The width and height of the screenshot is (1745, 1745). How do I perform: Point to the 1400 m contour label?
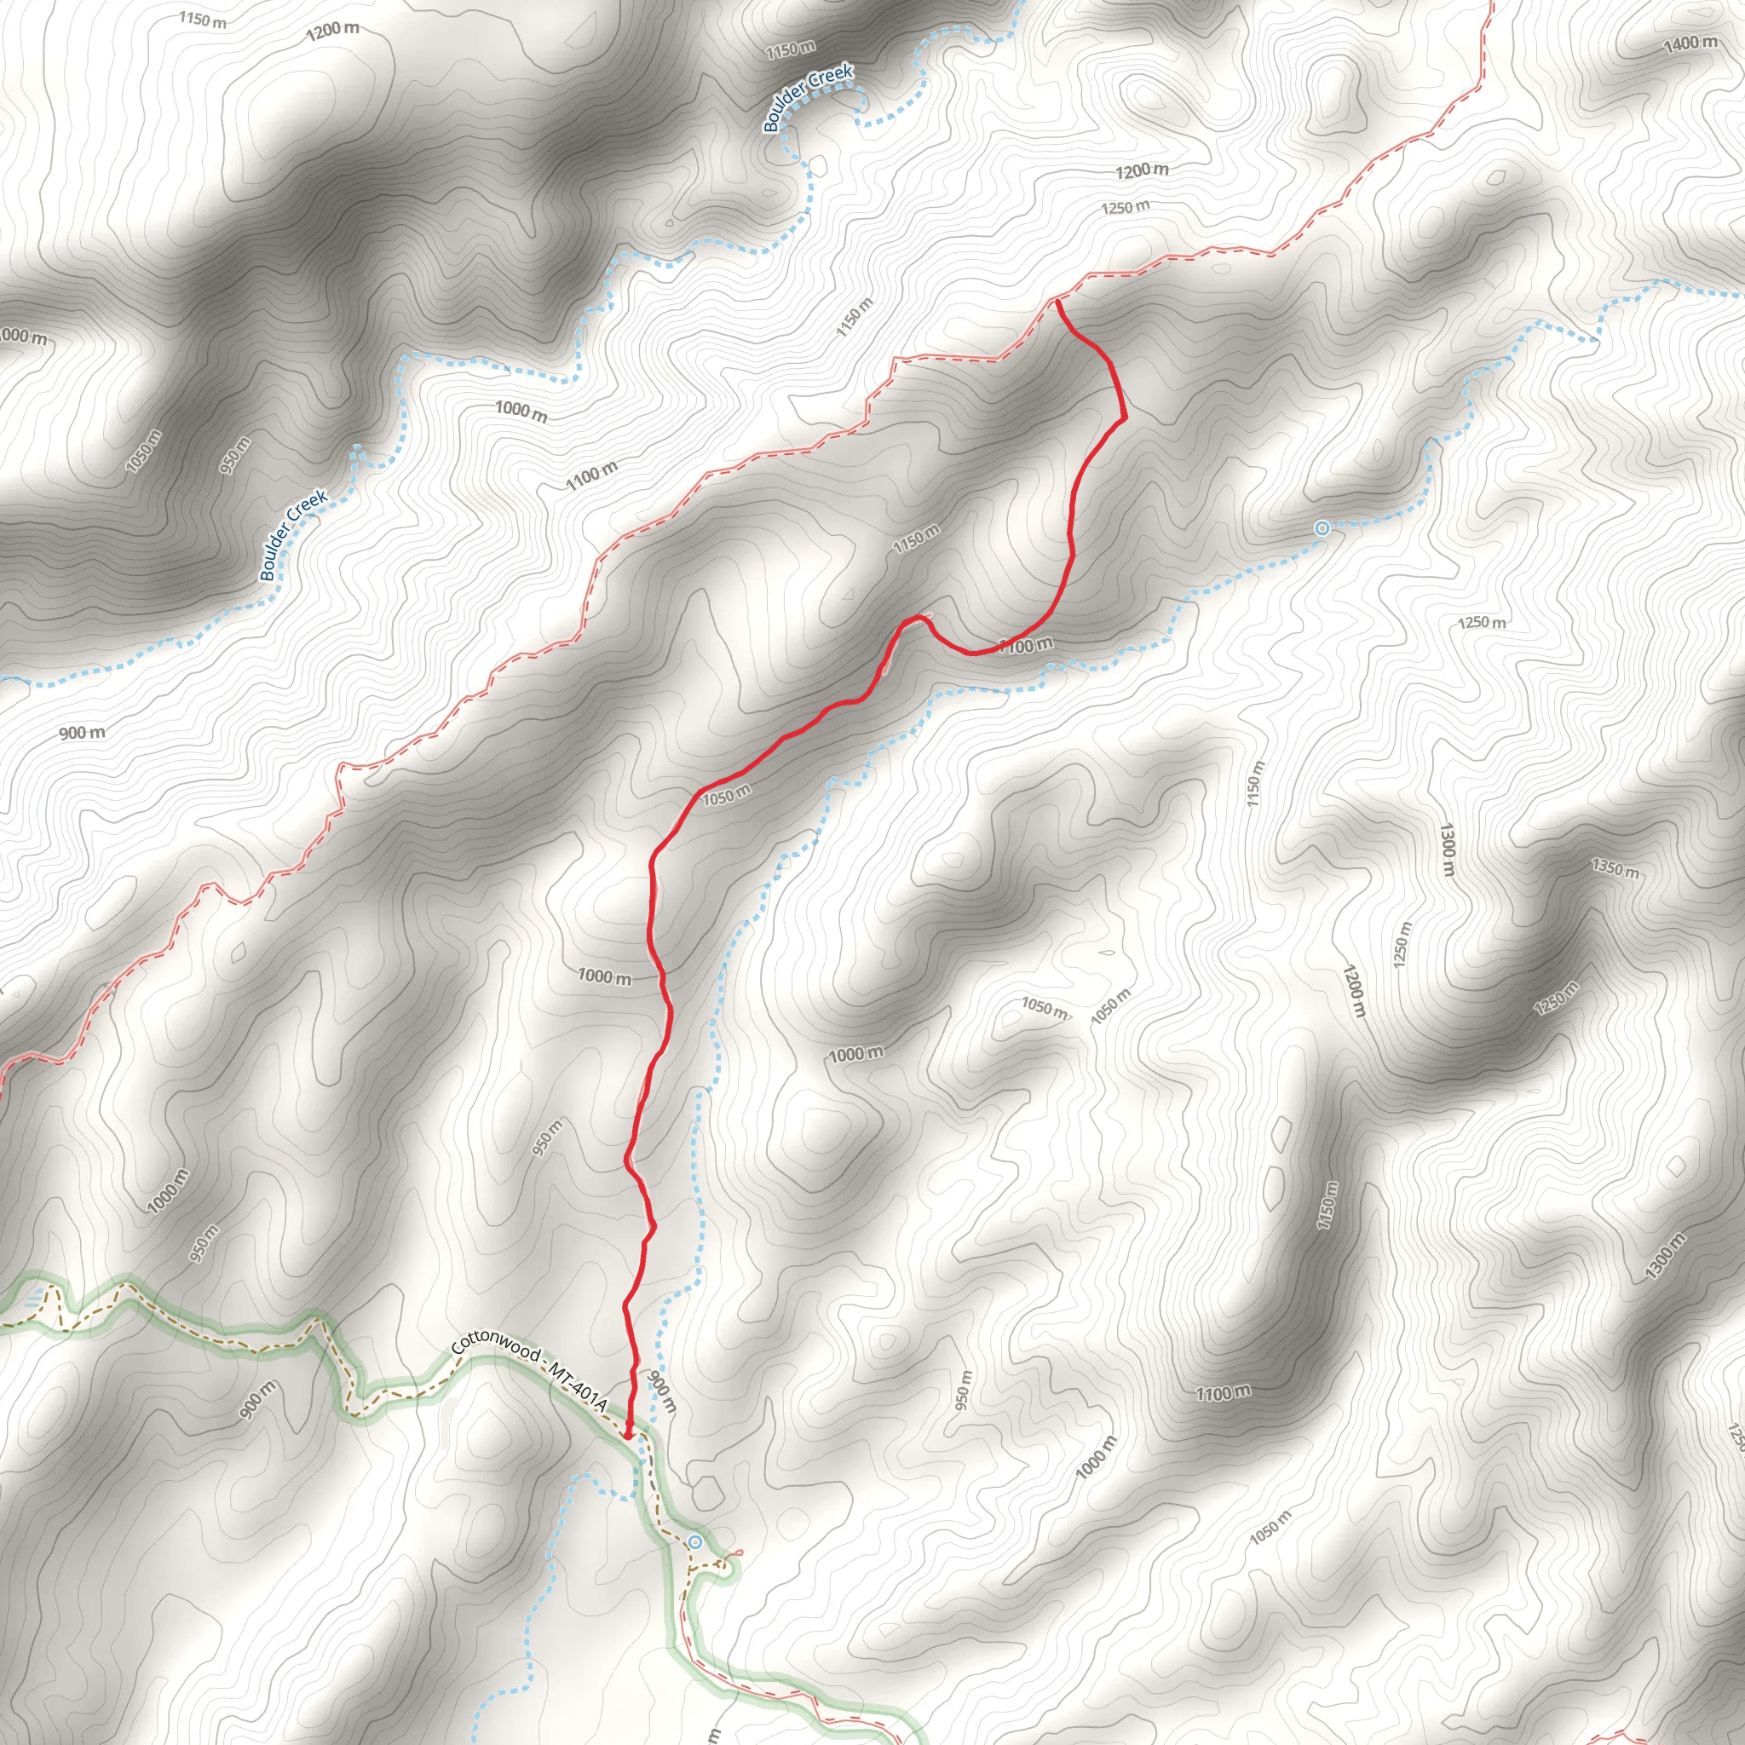[1690, 43]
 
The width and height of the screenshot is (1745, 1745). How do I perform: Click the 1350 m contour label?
[1614, 869]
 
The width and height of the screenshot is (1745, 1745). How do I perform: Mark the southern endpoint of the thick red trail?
[627, 1434]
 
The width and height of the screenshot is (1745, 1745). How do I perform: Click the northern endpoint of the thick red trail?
[1056, 302]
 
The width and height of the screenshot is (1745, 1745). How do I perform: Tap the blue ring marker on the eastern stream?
[1322, 528]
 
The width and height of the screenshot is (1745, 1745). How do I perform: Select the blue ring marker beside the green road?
[694, 1541]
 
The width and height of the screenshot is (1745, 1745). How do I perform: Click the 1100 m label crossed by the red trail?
[1026, 645]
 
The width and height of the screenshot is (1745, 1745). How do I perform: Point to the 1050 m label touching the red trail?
[726, 795]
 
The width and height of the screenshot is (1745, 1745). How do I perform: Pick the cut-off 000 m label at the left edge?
[23, 336]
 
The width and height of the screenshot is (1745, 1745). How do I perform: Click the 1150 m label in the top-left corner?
[202, 19]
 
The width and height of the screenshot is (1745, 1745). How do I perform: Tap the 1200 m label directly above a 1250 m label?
[1142, 170]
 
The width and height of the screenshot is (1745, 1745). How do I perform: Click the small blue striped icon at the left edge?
[33, 1299]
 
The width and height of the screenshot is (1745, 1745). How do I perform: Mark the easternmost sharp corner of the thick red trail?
[1126, 418]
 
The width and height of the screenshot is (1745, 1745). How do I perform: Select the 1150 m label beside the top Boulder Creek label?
[791, 49]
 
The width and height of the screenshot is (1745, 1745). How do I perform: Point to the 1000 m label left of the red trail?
[604, 976]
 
